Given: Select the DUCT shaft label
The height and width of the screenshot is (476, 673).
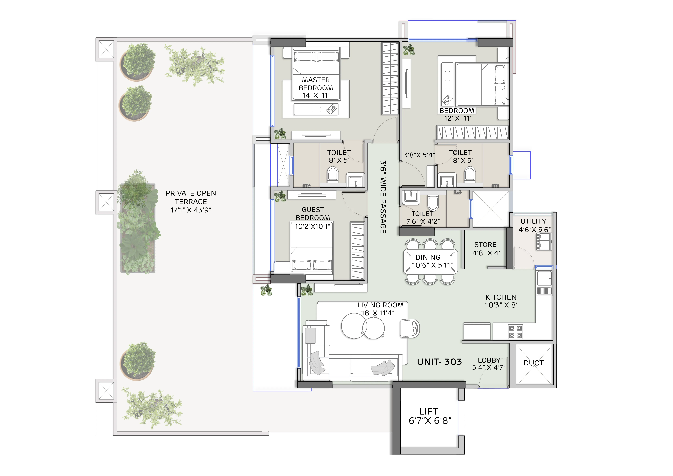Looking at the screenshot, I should tap(533, 363).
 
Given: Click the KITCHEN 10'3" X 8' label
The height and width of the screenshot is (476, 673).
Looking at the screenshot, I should tap(501, 301).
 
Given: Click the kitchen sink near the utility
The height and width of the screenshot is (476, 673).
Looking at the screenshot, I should tap(544, 278).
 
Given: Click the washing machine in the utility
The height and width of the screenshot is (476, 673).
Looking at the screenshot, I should tap(544, 241).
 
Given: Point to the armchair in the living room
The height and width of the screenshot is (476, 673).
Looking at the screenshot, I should tap(410, 328).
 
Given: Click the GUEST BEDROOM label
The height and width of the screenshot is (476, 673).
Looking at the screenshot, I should tap(313, 218).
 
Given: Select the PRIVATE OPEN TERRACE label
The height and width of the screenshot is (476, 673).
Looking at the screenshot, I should tap(191, 202).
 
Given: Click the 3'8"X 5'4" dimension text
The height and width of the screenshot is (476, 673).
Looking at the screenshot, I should tap(419, 155).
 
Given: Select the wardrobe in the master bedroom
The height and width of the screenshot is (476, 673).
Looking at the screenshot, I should tap(390, 78).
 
